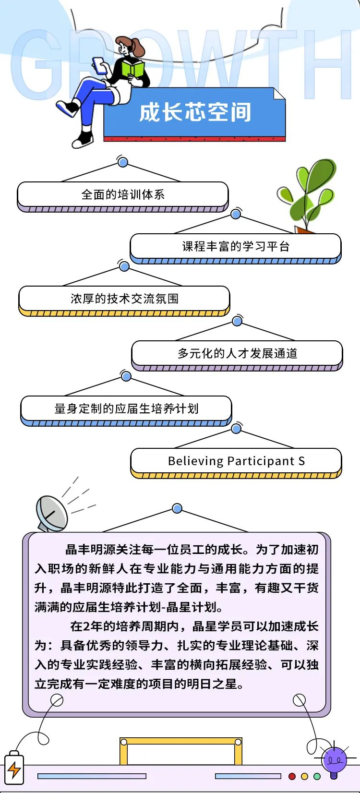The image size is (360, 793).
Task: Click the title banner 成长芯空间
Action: tap(195, 113)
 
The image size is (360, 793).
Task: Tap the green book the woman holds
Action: tap(132, 69)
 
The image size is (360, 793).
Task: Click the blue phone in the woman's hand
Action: tap(99, 65)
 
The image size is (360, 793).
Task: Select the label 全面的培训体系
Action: tap(123, 194)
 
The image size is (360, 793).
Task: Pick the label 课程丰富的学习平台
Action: tap(236, 247)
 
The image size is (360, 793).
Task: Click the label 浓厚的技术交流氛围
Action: tap(124, 299)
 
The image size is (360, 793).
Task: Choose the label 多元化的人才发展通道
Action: tap(237, 354)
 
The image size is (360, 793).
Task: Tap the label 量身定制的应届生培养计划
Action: tap(126, 409)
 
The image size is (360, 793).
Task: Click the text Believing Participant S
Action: tap(236, 461)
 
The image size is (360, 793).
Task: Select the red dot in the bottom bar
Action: tap(292, 776)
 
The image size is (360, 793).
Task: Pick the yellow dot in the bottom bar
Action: tap(304, 776)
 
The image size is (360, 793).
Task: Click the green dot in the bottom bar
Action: tap(317, 776)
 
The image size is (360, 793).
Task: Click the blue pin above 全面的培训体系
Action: tap(123, 162)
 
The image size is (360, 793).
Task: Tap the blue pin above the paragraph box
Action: tap(177, 508)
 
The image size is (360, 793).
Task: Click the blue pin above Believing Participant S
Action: tap(236, 428)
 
